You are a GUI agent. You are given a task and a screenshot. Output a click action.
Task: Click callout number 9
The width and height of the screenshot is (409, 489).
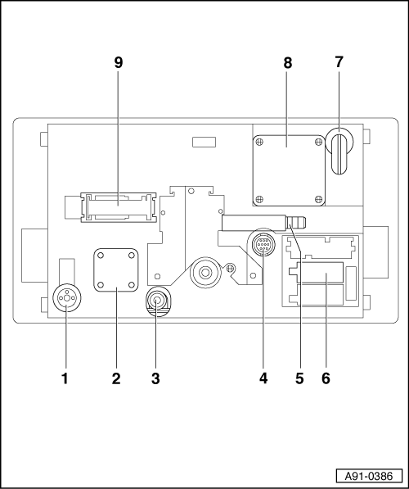(119, 63)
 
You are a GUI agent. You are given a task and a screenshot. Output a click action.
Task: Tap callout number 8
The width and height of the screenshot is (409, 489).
(287, 63)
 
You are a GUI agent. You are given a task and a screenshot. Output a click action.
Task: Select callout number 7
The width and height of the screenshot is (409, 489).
(339, 62)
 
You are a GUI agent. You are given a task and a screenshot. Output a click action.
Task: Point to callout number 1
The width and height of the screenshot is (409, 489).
(65, 378)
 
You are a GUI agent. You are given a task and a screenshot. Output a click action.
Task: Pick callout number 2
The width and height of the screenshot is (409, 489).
(116, 378)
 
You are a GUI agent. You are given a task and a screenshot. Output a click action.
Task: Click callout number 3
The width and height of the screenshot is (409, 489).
(155, 378)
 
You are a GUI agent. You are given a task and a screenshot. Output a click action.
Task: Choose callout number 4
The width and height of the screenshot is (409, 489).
(263, 378)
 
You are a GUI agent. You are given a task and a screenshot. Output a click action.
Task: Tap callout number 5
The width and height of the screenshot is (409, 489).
(299, 378)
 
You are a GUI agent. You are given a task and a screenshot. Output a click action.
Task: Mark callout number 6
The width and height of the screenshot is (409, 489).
(326, 378)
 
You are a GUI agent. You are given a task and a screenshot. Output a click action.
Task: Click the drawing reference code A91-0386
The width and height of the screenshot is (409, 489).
(369, 476)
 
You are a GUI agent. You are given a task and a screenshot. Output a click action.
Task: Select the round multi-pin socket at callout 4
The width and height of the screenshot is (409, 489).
(263, 245)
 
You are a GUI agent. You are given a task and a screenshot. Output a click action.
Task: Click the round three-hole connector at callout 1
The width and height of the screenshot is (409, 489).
(66, 298)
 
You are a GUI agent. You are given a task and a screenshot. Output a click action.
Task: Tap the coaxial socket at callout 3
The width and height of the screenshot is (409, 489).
(157, 301)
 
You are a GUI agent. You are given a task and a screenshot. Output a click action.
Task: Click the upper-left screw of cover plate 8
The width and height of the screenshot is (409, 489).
(258, 143)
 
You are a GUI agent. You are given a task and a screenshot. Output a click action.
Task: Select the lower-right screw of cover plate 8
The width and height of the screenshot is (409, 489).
(318, 199)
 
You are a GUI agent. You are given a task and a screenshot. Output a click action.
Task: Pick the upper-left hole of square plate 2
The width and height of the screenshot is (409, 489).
(101, 256)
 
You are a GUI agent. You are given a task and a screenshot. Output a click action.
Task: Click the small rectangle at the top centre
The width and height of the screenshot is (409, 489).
(204, 142)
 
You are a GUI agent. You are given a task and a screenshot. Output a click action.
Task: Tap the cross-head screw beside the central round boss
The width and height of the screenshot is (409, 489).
(230, 268)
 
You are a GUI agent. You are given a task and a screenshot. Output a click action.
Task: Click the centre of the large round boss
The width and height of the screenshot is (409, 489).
(205, 273)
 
